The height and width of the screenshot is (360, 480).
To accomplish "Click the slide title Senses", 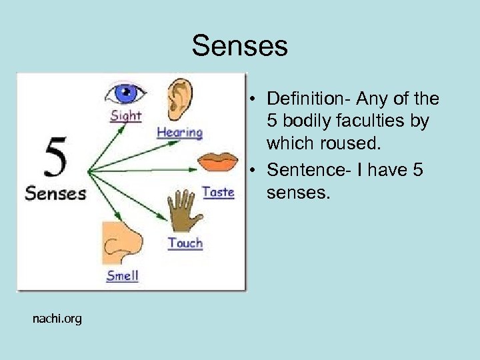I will click(239, 46).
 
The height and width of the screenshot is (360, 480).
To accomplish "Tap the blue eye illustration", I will click(126, 92).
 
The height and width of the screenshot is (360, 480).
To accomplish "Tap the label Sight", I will click(126, 115).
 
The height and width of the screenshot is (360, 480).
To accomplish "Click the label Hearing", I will click(179, 132).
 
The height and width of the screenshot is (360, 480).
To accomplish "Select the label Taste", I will click(218, 192).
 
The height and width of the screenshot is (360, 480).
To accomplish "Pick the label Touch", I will click(185, 243).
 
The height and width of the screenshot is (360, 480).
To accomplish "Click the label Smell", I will click(123, 275).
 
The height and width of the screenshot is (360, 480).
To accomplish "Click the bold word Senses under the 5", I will click(56, 194).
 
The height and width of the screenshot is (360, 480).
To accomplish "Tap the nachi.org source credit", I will click(57, 319).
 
